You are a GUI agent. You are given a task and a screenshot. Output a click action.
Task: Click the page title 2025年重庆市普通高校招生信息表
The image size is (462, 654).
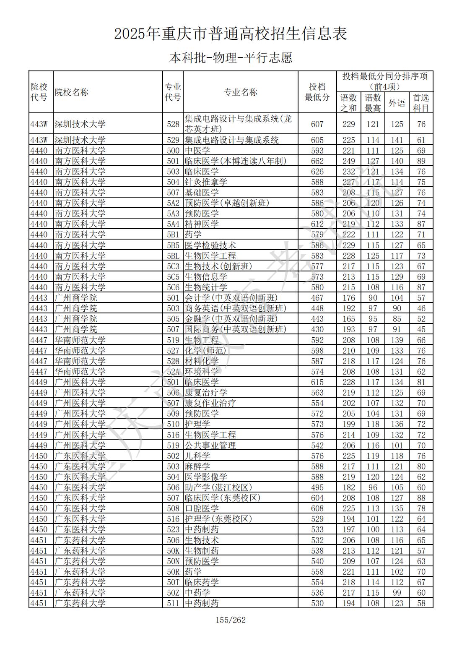coord(231,34)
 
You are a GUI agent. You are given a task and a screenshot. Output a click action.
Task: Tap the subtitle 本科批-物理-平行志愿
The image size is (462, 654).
coord(231,57)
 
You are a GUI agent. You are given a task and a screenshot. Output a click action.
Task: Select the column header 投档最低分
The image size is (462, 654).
coord(317,92)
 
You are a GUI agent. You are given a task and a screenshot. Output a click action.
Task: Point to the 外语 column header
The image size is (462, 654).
coord(397,103)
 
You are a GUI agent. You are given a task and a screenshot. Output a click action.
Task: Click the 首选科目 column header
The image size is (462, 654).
coord(421,103)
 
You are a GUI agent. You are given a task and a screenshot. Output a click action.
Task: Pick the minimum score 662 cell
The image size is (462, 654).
coord(317,161)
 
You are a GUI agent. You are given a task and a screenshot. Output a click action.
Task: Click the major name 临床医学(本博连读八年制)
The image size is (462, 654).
coord(236,161)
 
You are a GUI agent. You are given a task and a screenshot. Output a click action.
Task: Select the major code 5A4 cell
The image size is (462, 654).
coord(173,224)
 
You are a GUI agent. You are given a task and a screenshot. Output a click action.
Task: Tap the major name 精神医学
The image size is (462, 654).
coord(202,224)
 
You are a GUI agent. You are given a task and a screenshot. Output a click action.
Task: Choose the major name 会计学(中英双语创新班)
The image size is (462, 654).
coord(231,298)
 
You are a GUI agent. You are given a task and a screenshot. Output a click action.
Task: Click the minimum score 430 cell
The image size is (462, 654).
coord(317,329)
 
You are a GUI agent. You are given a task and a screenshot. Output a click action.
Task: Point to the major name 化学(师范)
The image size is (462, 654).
coord(205,351)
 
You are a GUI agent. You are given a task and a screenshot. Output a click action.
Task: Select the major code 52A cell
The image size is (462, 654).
coord(173,372)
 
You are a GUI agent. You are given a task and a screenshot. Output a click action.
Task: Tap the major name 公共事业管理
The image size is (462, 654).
coord(210,446)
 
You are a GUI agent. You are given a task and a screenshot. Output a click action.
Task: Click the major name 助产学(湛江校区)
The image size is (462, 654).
coord(218,487)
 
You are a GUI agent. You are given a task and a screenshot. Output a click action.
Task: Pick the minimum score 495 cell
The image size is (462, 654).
coord(317,487)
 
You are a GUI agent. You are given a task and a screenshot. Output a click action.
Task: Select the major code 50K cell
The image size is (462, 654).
coord(173,551)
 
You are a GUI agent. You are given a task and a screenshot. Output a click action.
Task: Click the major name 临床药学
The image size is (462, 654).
coord(202,582)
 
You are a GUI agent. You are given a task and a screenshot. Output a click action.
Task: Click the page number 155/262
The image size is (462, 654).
coord(231,620)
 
